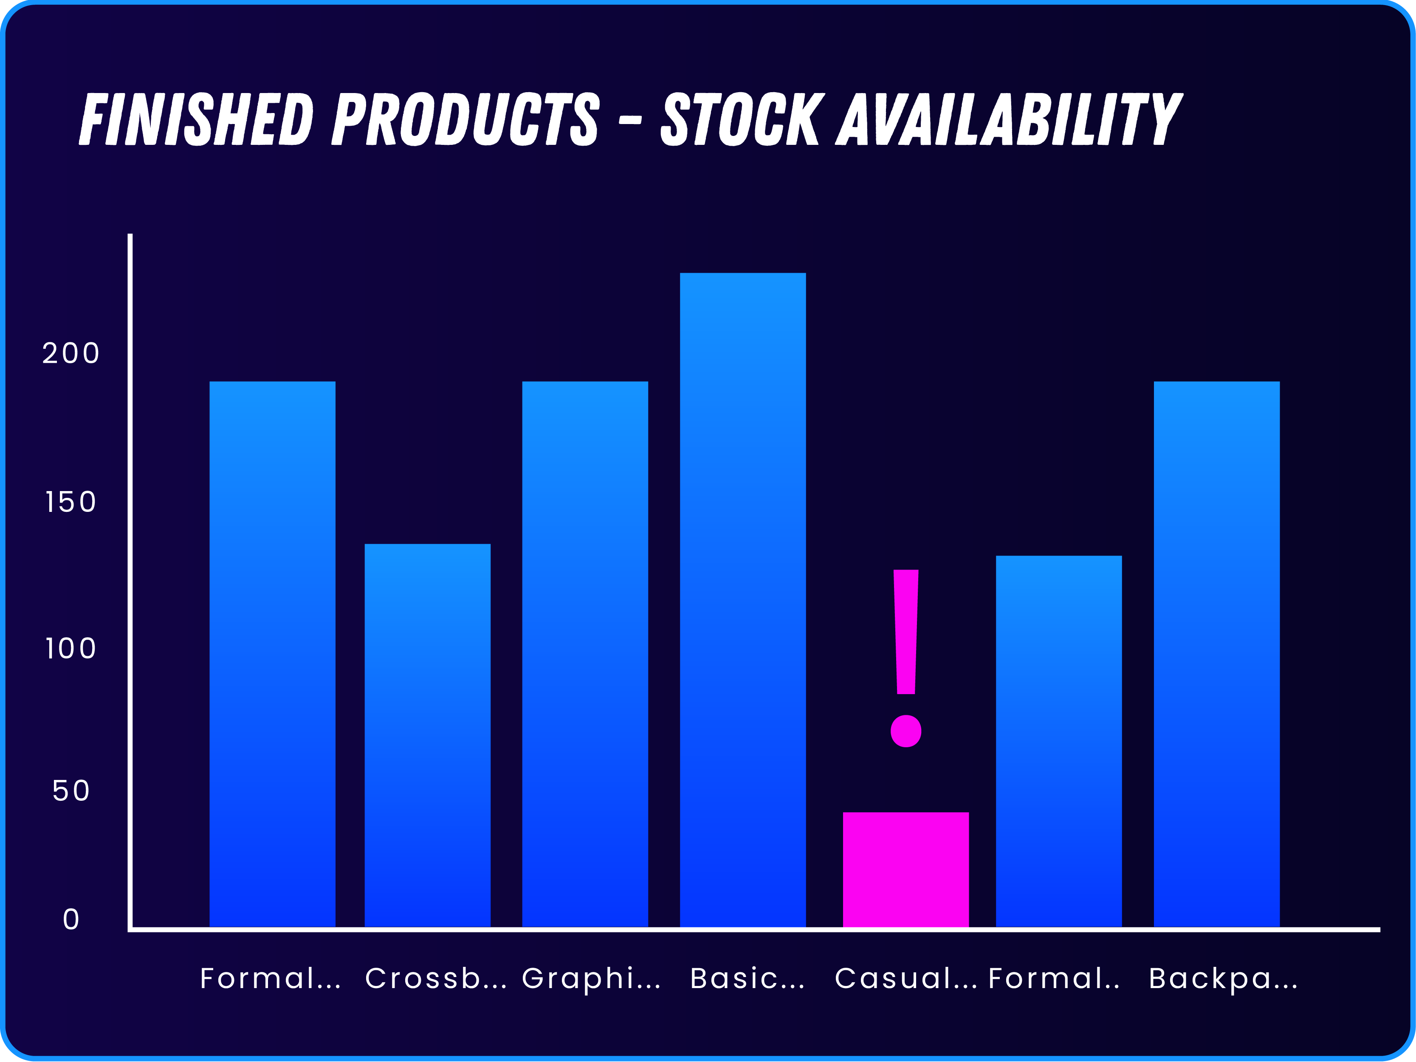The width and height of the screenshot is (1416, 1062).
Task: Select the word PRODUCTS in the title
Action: coord(465,119)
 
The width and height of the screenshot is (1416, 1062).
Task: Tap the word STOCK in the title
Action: coord(740,119)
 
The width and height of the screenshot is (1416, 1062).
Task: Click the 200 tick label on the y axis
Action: coord(71,353)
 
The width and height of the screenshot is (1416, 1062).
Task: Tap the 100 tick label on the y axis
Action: coord(71,649)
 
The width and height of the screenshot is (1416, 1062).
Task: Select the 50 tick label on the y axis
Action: coord(71,791)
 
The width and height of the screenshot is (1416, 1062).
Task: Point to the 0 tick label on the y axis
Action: coord(71,920)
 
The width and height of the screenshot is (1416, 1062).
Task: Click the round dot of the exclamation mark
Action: coord(906,731)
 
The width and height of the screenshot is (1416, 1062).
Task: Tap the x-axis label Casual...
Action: coord(905,979)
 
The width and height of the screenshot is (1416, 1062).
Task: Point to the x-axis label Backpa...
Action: coord(1223,979)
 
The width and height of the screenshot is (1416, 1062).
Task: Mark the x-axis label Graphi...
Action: coord(591,979)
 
